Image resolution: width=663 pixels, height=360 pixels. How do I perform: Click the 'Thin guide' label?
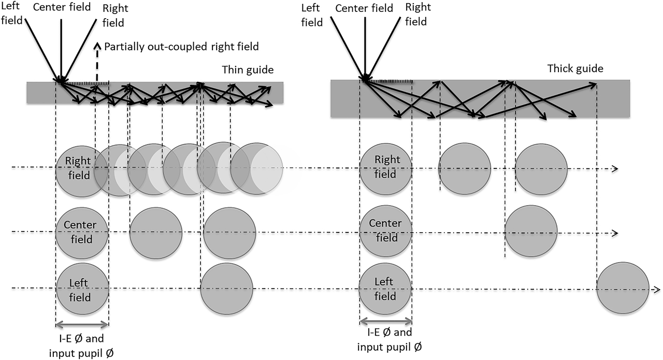pos(248,70)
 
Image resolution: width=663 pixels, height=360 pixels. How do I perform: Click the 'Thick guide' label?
pos(575,69)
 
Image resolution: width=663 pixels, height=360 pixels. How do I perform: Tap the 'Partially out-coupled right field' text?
pos(181,47)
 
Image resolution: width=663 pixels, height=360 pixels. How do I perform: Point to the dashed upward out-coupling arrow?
pos(97,63)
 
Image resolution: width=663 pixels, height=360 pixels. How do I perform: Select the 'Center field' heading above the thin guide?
pos(62,7)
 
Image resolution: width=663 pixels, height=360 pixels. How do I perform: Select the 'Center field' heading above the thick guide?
pos(364,8)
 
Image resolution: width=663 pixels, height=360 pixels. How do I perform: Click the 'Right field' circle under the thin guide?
pos(81,171)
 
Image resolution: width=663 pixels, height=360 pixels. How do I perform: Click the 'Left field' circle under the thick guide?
pos(385,289)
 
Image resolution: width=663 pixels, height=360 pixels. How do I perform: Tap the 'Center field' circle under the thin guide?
pos(82,233)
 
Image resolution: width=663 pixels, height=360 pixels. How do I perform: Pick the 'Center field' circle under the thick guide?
pos(385,231)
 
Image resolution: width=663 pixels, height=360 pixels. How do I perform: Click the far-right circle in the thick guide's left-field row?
pos(623,288)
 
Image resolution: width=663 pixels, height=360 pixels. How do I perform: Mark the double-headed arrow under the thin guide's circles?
pos(82,324)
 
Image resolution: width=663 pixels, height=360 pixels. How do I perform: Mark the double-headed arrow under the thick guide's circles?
pos(386,321)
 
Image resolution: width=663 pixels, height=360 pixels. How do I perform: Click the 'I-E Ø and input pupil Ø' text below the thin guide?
pos(81,346)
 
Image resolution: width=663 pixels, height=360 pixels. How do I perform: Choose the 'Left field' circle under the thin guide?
pos(82,289)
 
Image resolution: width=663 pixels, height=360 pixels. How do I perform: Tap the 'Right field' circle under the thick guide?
pos(385,169)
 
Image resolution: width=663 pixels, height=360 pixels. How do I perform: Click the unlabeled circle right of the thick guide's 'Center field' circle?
pos(531,231)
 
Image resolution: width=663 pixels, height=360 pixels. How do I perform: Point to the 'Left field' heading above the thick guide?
pos(312,16)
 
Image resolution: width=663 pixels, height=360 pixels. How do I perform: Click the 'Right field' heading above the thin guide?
pos(115,16)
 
